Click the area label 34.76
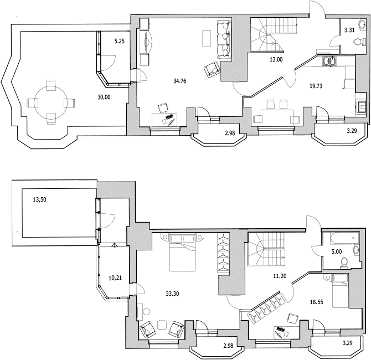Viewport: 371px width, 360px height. tap(179, 81)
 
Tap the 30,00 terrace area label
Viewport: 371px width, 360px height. tap(104, 96)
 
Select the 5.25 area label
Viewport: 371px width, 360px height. tap(120, 41)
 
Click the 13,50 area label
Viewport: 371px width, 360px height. tap(39, 200)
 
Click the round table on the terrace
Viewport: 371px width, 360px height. tap(50, 102)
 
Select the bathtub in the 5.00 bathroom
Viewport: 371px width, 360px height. tap(339, 239)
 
